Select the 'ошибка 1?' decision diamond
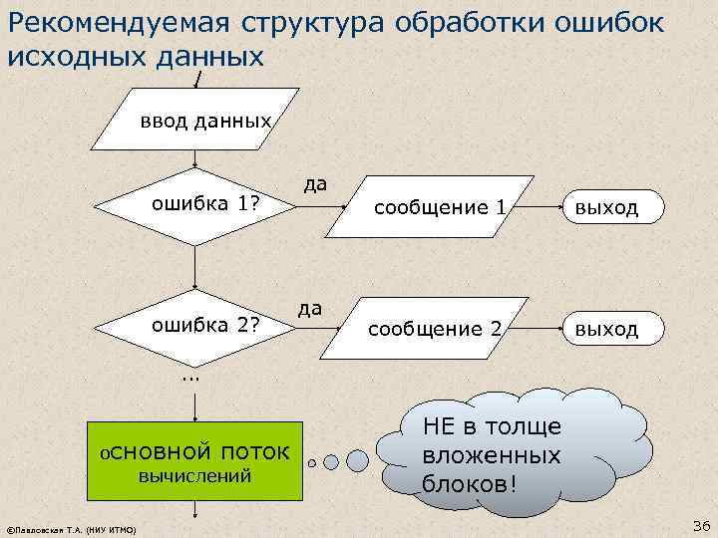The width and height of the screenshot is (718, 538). pyautogui.click(x=195, y=205)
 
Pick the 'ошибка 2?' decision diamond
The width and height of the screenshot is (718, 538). pyautogui.click(x=195, y=325)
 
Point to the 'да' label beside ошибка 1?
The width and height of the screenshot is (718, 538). pyautogui.click(x=316, y=183)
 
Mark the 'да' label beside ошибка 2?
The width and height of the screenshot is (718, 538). pyautogui.click(x=310, y=308)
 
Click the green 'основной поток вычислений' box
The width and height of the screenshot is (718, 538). pyautogui.click(x=194, y=461)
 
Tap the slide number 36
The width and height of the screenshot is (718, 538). pyautogui.click(x=698, y=525)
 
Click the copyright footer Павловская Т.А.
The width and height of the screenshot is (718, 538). pyautogui.click(x=71, y=528)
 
